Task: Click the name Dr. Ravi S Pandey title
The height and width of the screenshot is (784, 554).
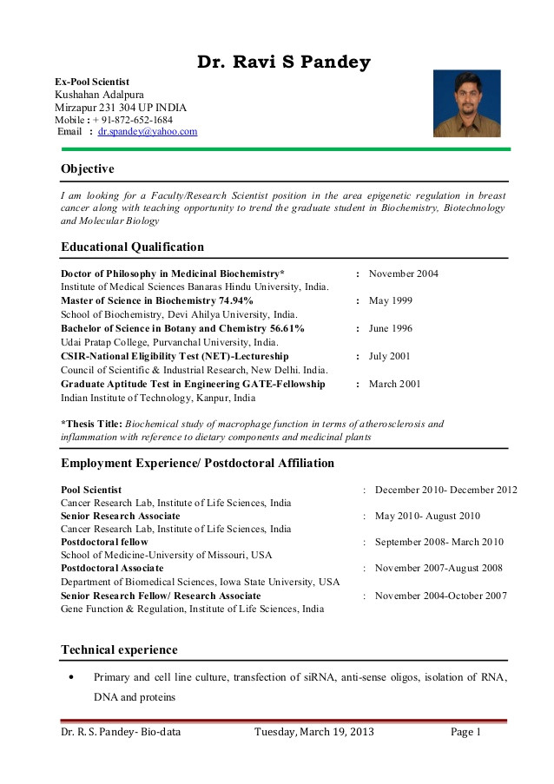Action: click(x=283, y=63)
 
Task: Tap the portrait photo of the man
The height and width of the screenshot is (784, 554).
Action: click(x=466, y=103)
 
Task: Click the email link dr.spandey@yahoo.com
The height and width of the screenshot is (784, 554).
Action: click(x=147, y=132)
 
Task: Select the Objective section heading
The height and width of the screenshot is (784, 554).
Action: click(x=87, y=168)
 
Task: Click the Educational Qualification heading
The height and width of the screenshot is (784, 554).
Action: click(x=132, y=247)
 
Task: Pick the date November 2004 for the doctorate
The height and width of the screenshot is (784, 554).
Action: click(x=403, y=274)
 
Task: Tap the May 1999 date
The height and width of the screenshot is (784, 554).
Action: click(x=390, y=301)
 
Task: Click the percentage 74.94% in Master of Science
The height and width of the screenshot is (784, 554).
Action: click(x=234, y=301)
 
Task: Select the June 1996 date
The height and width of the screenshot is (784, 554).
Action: click(x=390, y=329)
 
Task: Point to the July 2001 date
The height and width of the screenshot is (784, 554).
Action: click(x=389, y=357)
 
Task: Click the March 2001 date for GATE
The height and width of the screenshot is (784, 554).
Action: click(x=394, y=384)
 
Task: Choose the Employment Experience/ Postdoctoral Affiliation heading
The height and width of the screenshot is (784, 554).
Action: click(x=197, y=464)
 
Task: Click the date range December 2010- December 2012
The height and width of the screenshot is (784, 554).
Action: click(x=445, y=491)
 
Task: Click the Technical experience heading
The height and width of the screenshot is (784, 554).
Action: click(x=119, y=650)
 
